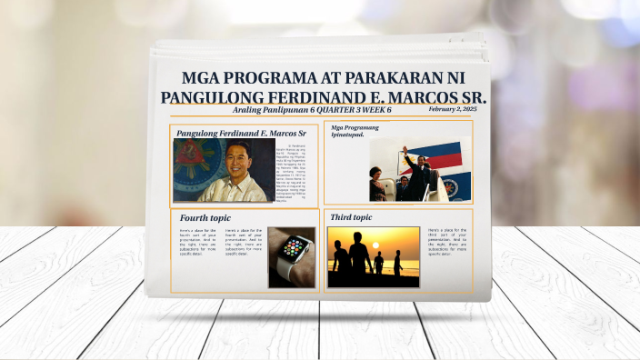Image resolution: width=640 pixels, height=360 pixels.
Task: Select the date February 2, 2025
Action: point(452,109)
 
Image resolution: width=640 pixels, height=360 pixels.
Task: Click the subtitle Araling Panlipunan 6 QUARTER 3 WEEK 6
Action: point(312,110)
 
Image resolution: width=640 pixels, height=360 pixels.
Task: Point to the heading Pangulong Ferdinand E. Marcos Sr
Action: point(241,134)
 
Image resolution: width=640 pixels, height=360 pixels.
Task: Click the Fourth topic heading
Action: point(205,218)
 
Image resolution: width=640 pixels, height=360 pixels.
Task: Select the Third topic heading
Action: point(351,218)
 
